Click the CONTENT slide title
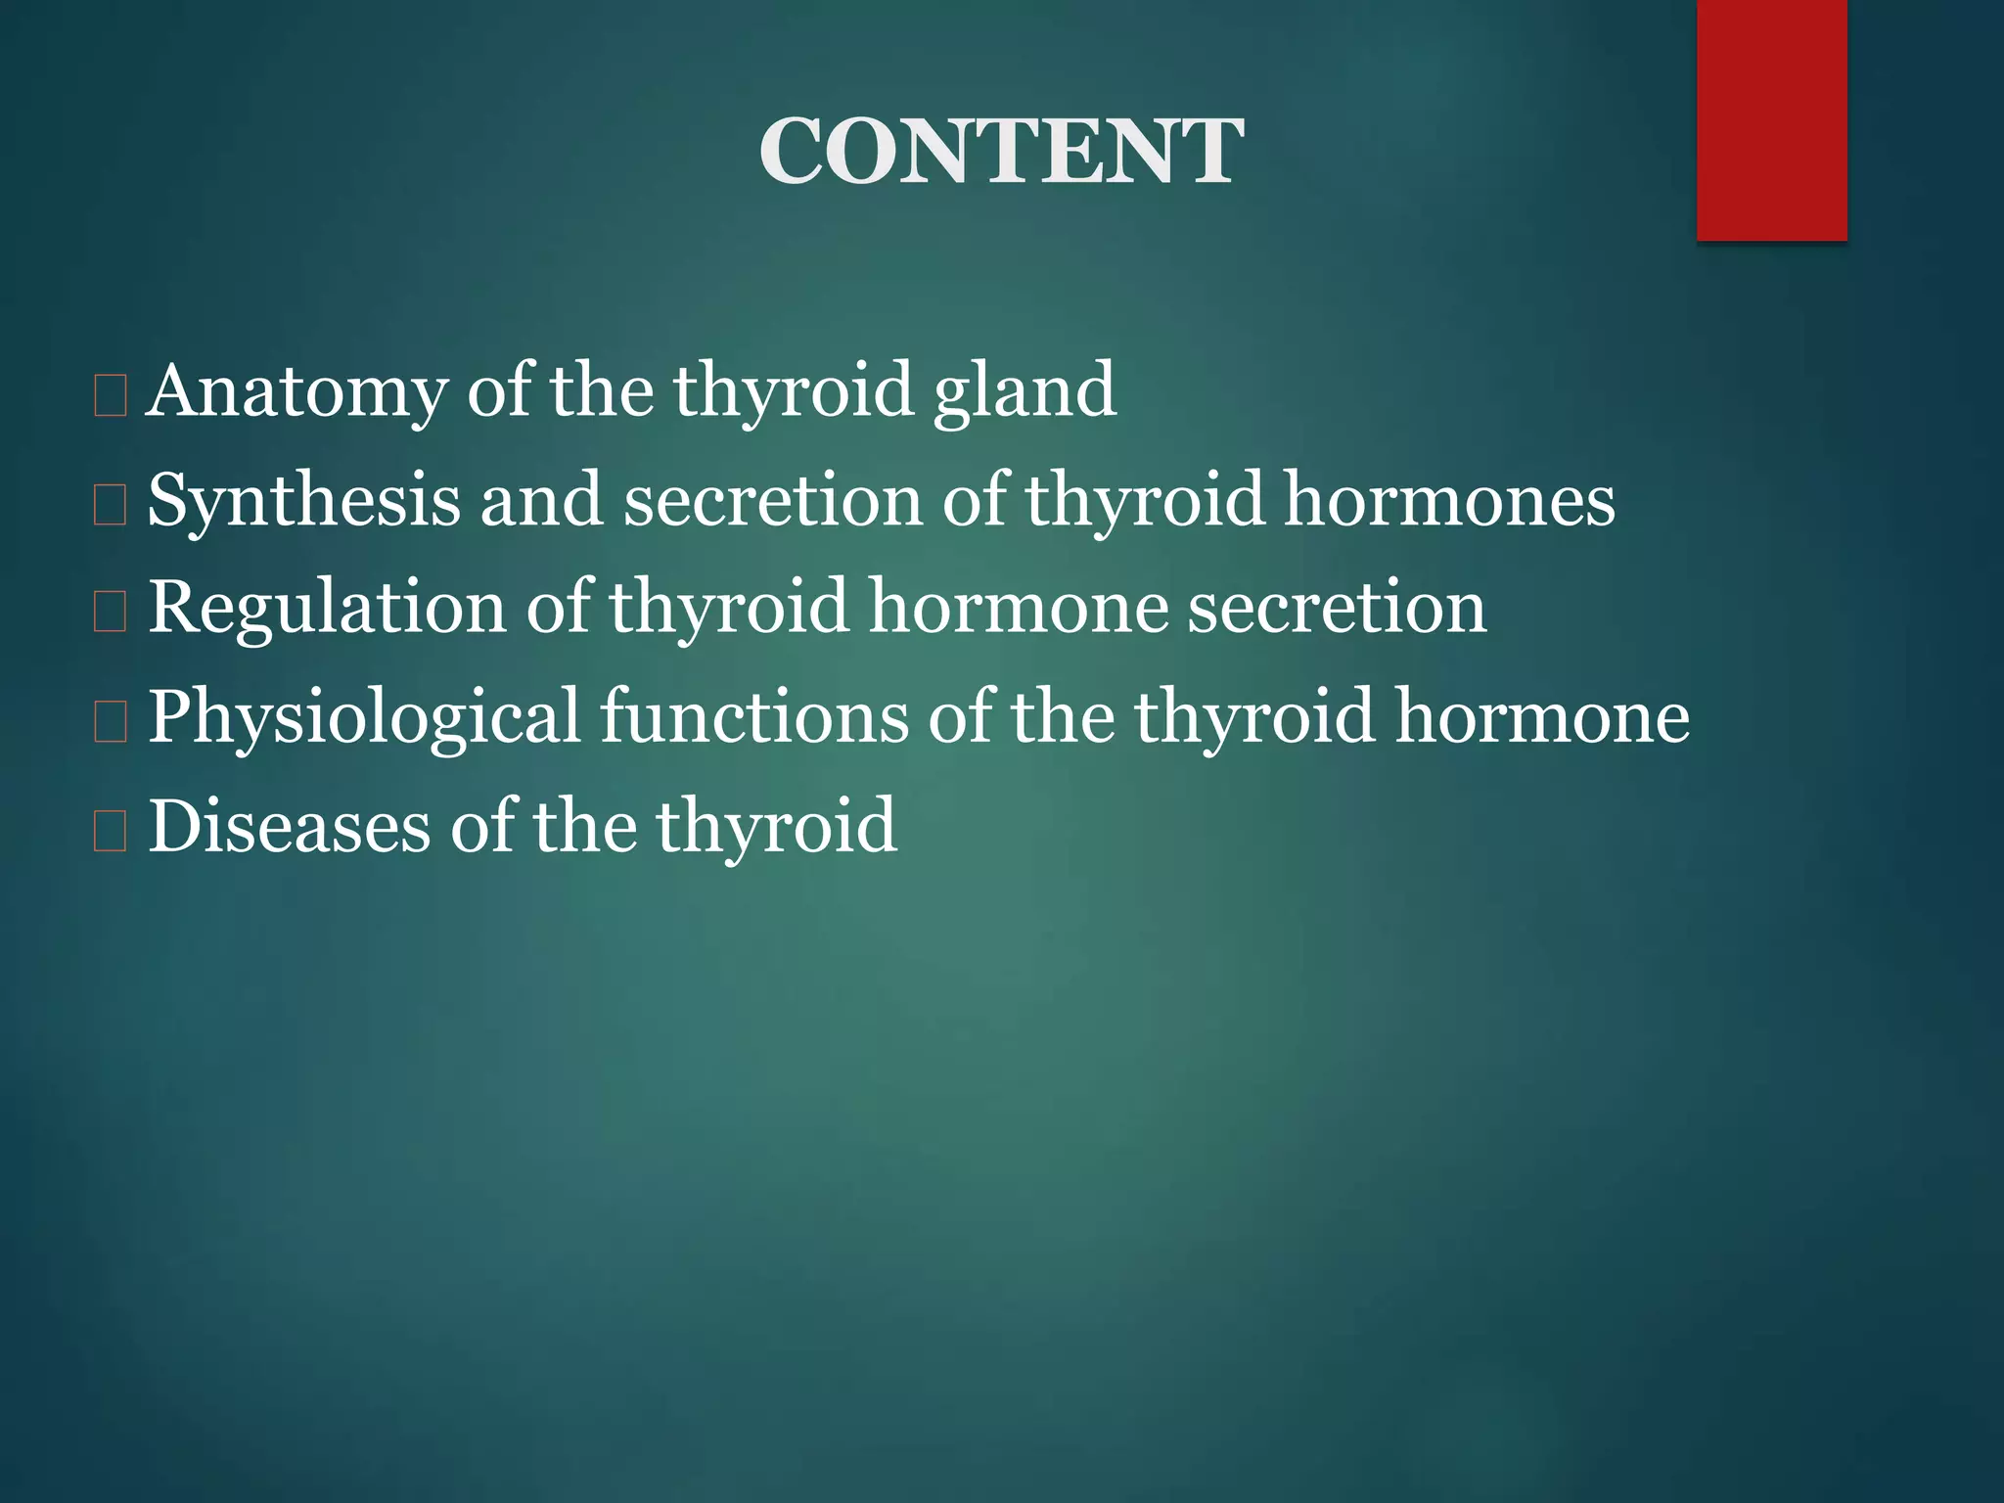pos(1001,152)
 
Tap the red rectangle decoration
pos(1771,119)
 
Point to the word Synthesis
pos(303,500)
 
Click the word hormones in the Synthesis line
pos(1449,500)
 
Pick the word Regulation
pos(327,608)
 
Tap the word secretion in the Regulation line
pos(1337,608)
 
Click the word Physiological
pos(364,717)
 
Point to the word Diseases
pos(289,826)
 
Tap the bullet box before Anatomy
pos(111,396)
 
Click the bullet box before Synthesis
pos(111,505)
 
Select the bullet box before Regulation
pos(111,613)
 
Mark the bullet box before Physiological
pos(111,722)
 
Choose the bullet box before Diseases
pos(111,831)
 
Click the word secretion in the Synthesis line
pos(773,500)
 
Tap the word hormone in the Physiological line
pos(1542,717)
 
